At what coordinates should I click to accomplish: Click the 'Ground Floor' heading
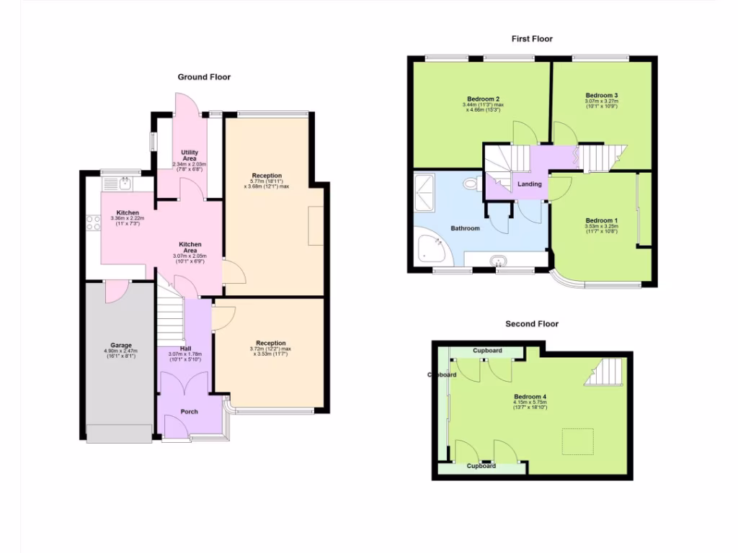[204, 77]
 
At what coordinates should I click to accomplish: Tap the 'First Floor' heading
[532, 39]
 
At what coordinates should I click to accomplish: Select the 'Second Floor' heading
[532, 324]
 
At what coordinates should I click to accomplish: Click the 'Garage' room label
[121, 345]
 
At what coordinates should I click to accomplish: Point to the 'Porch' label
[189, 412]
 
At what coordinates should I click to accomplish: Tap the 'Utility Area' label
[189, 156]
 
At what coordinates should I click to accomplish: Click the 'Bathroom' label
[465, 228]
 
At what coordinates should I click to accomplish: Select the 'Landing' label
[530, 184]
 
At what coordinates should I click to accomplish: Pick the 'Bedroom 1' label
[601, 220]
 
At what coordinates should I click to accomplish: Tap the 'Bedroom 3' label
[601, 95]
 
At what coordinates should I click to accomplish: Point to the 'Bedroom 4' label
[530, 397]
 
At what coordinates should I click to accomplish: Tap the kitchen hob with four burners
[93, 223]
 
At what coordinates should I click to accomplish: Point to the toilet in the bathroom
[473, 184]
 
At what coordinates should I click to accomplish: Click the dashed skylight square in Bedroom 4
[578, 441]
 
